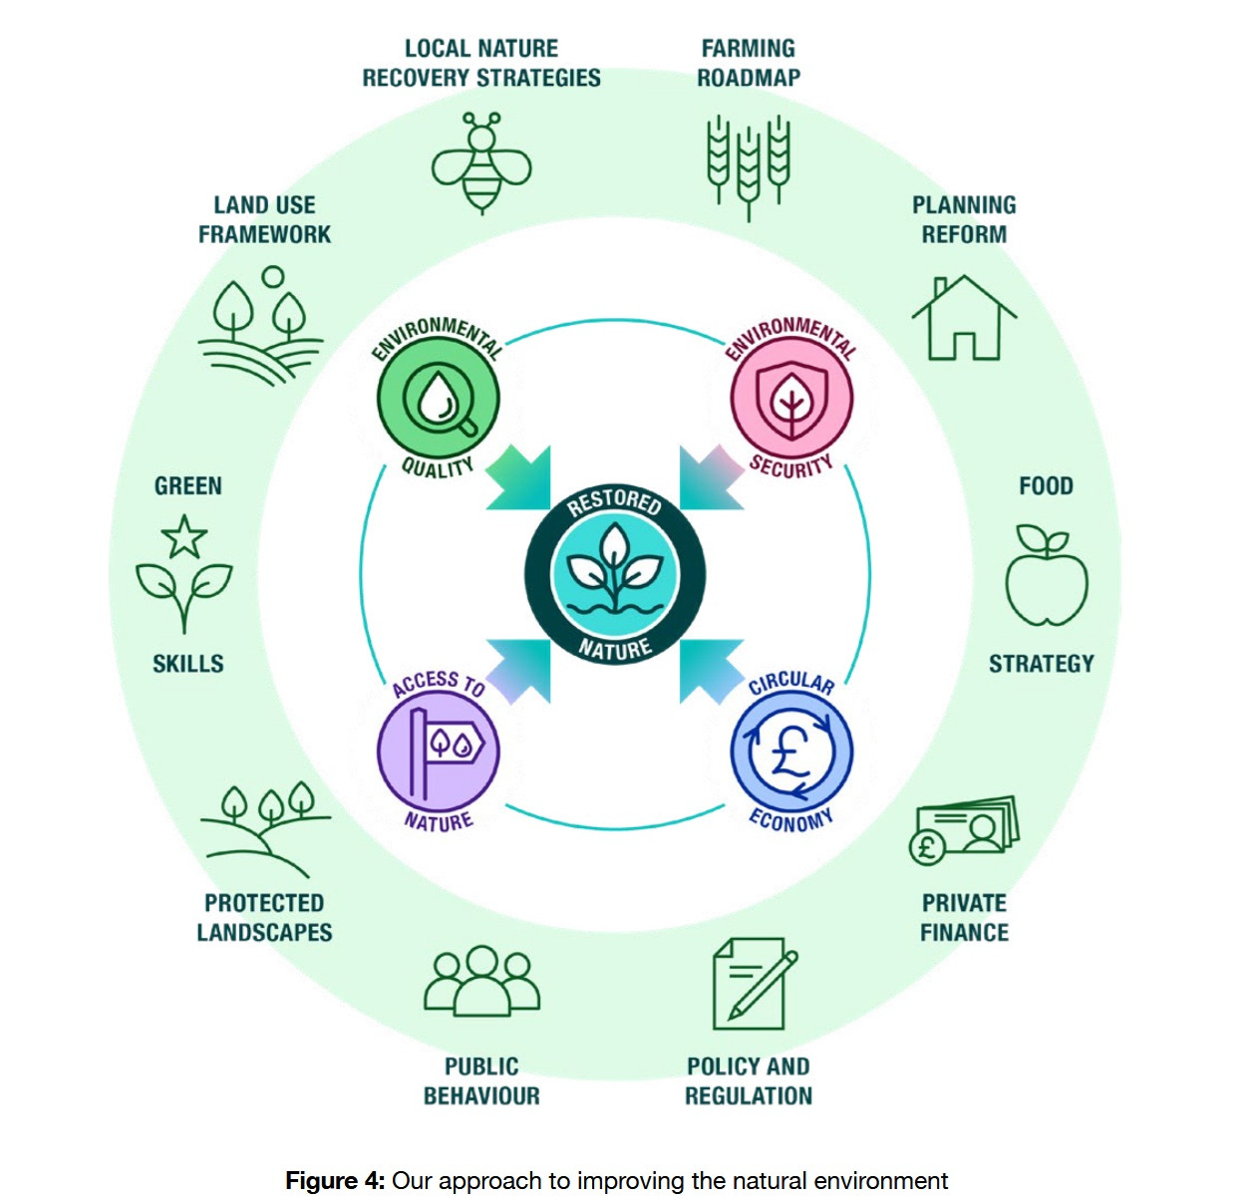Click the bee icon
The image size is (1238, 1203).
click(x=481, y=162)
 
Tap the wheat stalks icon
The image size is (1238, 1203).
click(x=748, y=165)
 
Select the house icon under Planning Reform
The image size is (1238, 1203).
click(x=963, y=318)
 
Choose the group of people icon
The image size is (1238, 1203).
click(x=481, y=981)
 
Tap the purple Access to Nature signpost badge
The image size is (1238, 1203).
click(x=439, y=750)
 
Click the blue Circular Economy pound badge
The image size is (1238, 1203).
click(x=791, y=751)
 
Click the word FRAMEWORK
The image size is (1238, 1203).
click(x=264, y=234)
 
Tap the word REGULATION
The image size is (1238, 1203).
click(x=749, y=1096)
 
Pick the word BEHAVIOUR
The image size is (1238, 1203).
click(x=481, y=1096)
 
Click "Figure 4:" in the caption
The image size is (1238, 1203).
click(x=335, y=1181)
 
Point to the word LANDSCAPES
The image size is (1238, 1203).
click(x=264, y=933)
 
